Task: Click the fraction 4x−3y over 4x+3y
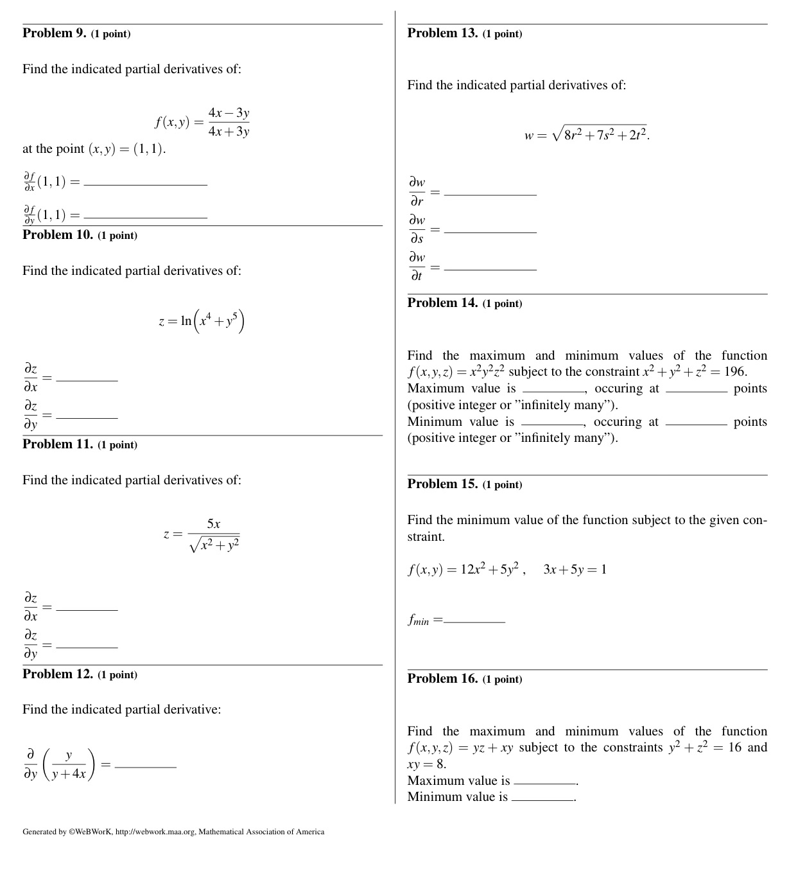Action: pos(229,122)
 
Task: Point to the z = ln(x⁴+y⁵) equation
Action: pos(201,320)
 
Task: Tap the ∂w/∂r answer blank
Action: pos(490,193)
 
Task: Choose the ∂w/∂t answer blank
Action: pos(490,268)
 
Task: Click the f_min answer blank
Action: pos(474,621)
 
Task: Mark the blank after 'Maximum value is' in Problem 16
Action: pos(545,783)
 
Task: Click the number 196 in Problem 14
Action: pos(734,372)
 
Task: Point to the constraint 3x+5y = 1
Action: pos(575,570)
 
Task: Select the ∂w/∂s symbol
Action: pos(417,229)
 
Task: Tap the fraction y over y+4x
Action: pos(69,765)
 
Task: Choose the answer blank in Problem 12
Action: pos(145,766)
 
